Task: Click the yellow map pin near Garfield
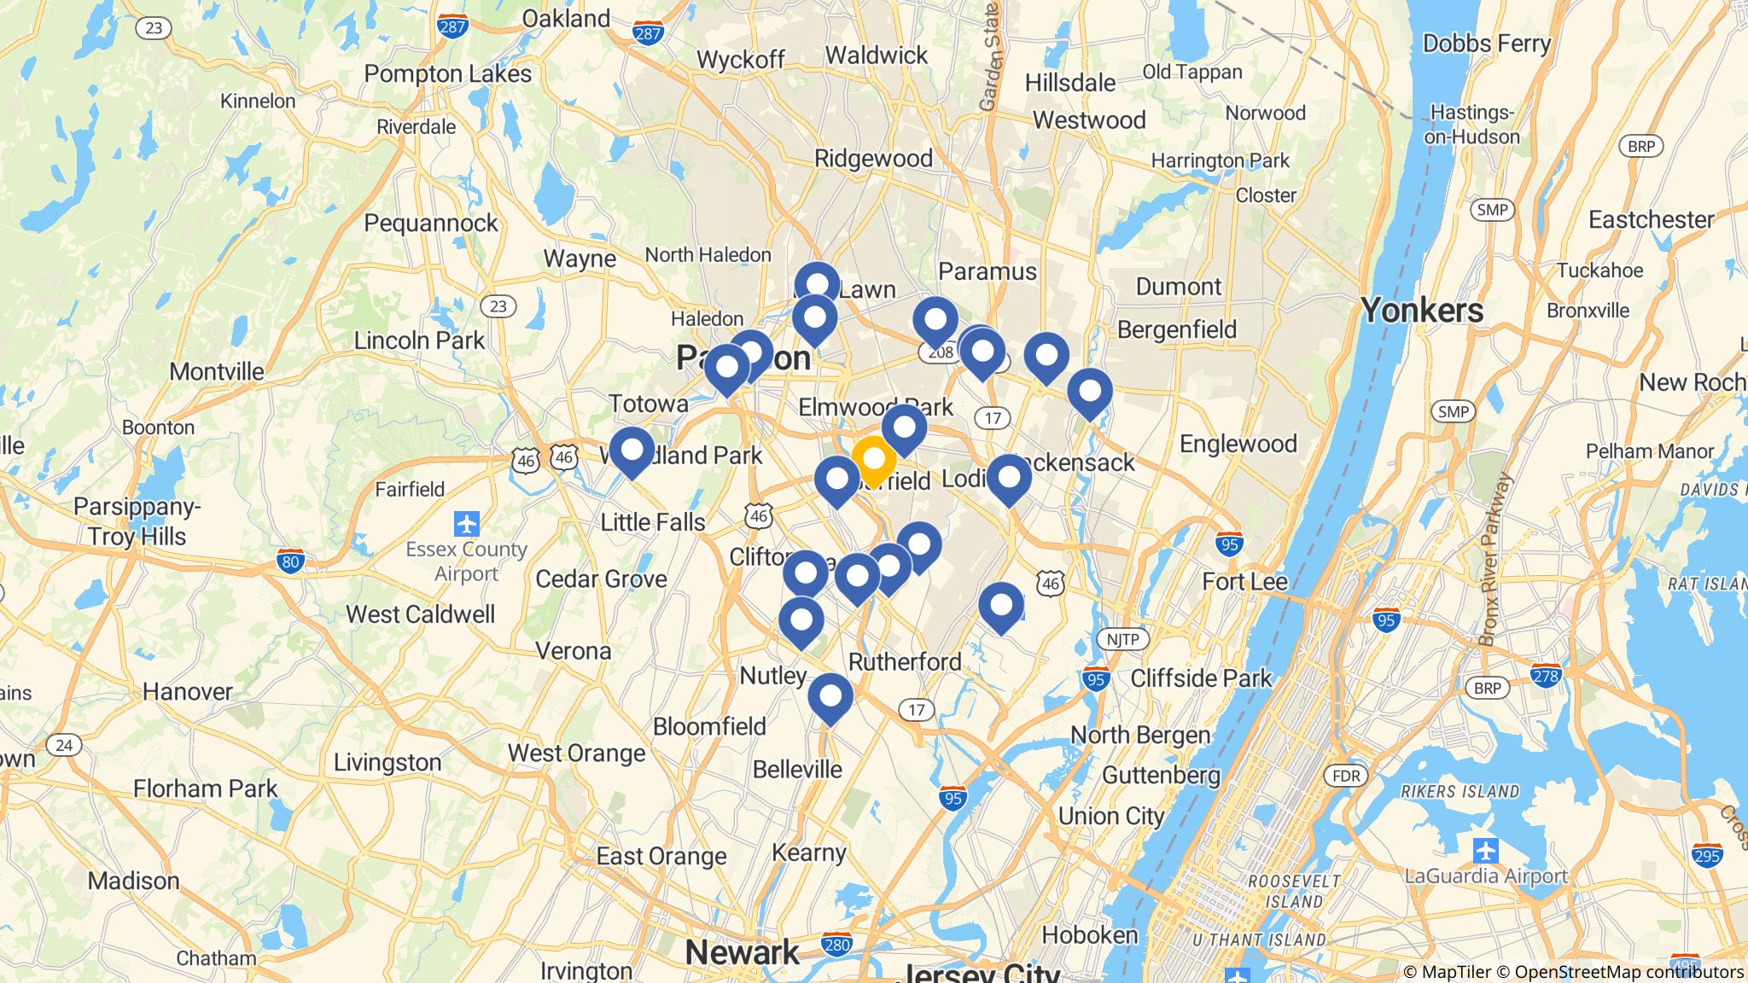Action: coord(873,460)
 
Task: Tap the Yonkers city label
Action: coord(1422,311)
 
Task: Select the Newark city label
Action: coord(742,952)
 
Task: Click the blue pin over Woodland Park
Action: coord(632,451)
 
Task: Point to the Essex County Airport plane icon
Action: coord(467,522)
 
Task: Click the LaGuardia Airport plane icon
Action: coord(1485,851)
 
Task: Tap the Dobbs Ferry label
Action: coord(1486,44)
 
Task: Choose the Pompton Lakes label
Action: coord(447,74)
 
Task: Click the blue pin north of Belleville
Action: coord(830,697)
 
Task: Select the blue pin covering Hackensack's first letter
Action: coord(1009,479)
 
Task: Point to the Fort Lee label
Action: coord(1244,582)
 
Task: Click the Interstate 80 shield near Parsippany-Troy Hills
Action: coord(290,561)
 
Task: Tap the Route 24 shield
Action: coord(63,745)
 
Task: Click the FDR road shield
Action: coord(1345,776)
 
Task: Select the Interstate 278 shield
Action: coord(1546,676)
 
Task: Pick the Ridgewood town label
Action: coord(873,159)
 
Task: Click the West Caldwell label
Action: coord(420,614)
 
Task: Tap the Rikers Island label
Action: coord(1460,792)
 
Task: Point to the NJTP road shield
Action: coord(1122,640)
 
